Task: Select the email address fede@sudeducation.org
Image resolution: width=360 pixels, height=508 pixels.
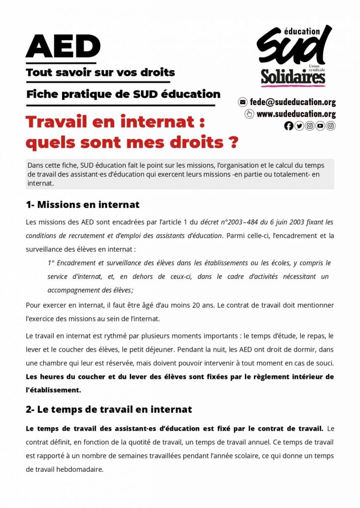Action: pos(292,102)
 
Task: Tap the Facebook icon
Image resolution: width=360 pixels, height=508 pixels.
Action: pos(288,126)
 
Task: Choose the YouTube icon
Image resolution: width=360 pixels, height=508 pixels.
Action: pos(320,126)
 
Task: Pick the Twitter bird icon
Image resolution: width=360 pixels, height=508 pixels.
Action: pos(299,126)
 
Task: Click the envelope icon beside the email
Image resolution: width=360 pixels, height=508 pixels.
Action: pos(243,102)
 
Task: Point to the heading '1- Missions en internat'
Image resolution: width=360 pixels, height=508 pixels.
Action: pos(82,204)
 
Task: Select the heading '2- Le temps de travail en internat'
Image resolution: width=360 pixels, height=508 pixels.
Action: pos(109,410)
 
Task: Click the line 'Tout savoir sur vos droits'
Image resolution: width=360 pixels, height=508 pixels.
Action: pos(100,72)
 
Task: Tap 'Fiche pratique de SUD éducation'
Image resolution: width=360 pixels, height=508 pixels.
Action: pos(123,94)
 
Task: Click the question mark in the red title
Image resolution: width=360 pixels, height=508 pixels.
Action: pos(232,142)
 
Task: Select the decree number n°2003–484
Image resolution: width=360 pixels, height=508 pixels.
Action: pos(229,222)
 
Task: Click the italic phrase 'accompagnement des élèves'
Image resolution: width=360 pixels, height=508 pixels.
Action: pos(89,290)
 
